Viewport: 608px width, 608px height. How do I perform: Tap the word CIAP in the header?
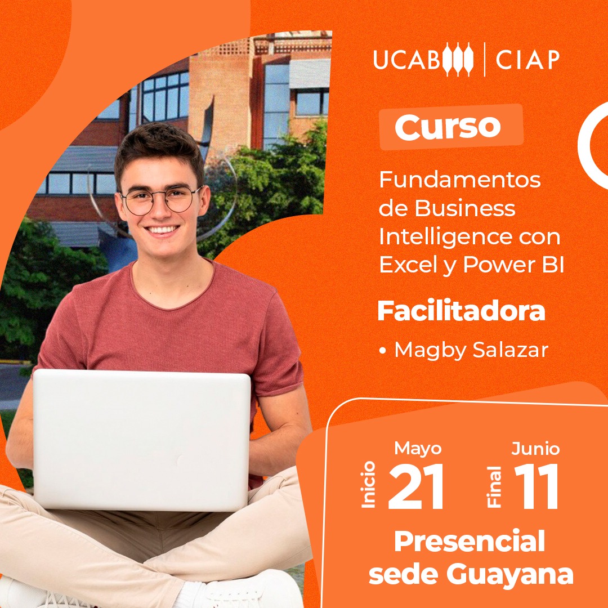click(x=527, y=60)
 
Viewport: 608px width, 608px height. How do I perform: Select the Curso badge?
click(x=451, y=127)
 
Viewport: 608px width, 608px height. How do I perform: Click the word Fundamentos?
click(x=460, y=180)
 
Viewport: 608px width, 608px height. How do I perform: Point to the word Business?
click(x=465, y=208)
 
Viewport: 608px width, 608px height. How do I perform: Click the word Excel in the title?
click(x=409, y=265)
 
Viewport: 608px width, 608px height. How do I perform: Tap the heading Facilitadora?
click(x=462, y=311)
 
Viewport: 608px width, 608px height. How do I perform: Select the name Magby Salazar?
click(x=471, y=350)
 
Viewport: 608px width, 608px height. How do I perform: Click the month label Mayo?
click(x=418, y=449)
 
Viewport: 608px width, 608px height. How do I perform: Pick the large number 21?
click(x=415, y=486)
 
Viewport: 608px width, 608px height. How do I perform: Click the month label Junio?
click(x=535, y=449)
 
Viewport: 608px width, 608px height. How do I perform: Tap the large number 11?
click(x=537, y=486)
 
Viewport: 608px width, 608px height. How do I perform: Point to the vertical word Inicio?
click(x=369, y=485)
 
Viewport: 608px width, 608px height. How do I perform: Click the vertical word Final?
click(x=494, y=487)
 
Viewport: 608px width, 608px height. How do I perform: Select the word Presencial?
click(x=470, y=542)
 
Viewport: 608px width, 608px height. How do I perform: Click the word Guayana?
click(x=509, y=575)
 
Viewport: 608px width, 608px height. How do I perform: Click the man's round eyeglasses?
click(x=162, y=200)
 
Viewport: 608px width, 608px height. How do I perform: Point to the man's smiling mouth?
click(x=162, y=230)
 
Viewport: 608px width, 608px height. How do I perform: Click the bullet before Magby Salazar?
click(x=383, y=351)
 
